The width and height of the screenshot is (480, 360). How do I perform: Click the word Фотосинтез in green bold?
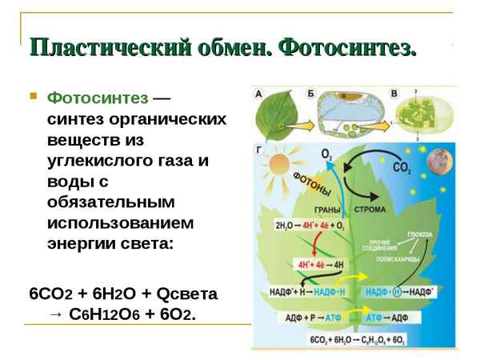click(x=98, y=98)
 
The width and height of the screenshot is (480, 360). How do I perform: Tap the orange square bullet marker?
click(x=33, y=97)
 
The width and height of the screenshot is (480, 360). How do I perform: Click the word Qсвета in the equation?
click(x=182, y=294)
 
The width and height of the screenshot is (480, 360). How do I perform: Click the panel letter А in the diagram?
click(x=258, y=94)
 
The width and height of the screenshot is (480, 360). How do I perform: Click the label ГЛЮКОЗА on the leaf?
click(x=418, y=234)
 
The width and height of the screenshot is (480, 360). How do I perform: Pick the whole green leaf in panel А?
click(x=277, y=116)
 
